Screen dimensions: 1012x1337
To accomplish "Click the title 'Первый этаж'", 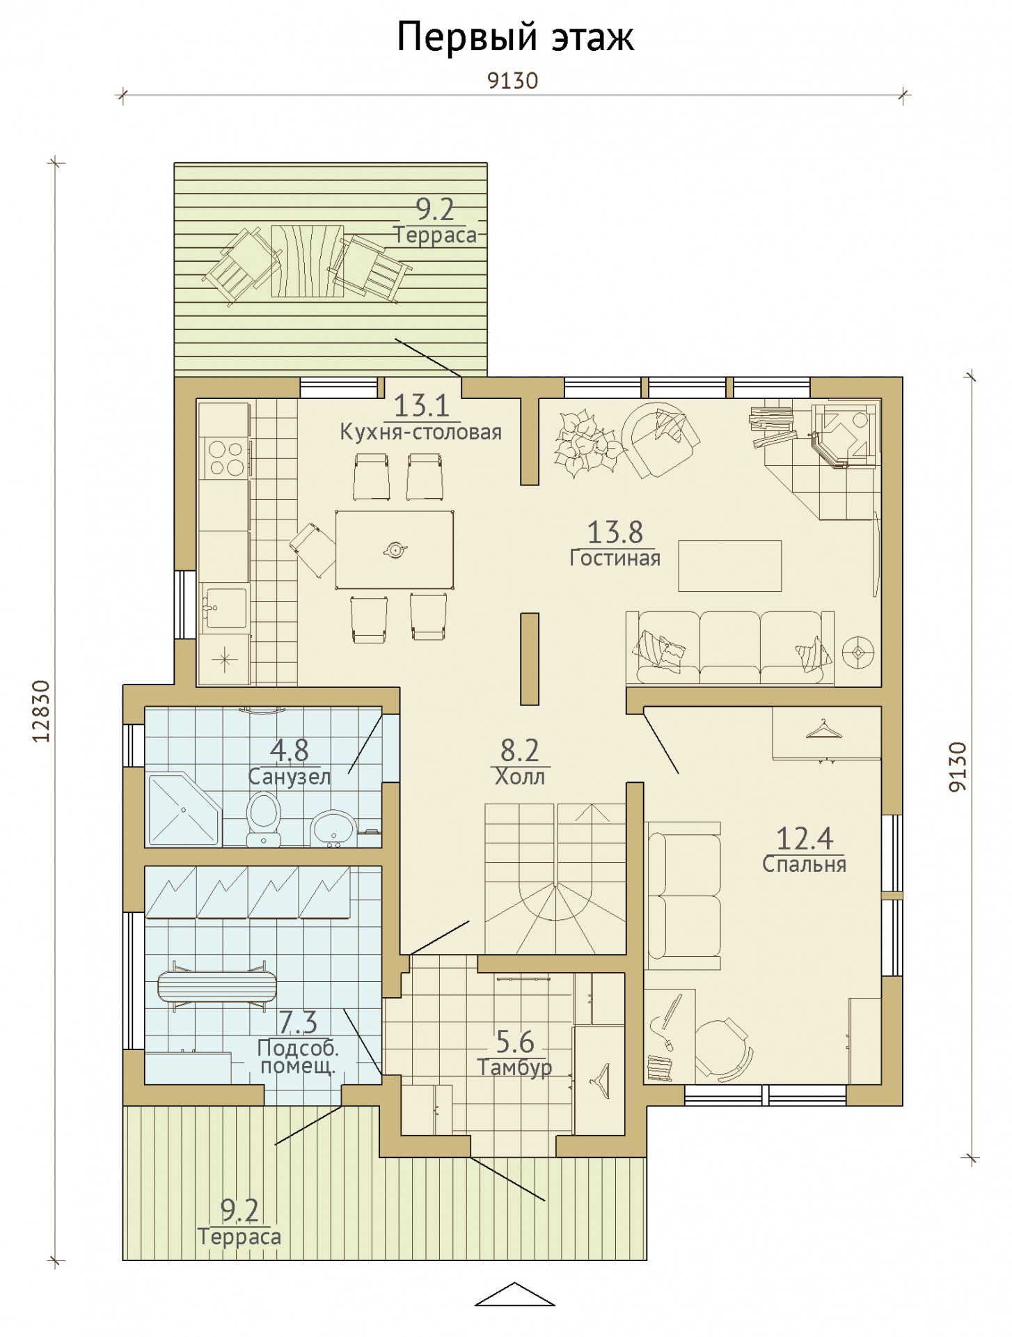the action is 515,38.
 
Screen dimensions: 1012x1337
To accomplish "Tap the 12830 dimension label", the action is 42,711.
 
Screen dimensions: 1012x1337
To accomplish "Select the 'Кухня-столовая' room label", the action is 420,432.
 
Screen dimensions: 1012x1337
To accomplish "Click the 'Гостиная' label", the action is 615,558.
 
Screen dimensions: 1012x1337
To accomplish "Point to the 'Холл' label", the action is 519,776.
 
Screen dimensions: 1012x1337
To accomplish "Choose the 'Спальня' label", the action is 804,864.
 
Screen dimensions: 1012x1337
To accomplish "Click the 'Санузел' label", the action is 289,776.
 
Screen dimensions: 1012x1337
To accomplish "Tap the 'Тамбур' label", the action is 514,1068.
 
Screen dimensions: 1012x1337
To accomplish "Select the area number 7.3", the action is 298,1022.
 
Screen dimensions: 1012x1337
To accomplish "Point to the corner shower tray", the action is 184,810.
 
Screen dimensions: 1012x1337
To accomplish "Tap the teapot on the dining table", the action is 395,550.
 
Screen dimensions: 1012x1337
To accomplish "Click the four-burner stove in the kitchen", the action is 226,458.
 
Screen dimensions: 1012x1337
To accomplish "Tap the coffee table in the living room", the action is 729,566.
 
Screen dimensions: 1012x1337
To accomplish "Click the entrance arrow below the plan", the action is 514,1295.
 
